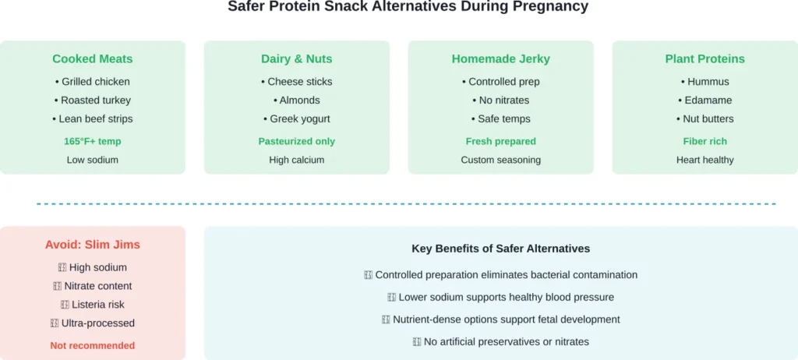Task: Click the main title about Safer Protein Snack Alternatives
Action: coord(408,7)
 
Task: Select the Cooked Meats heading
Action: coord(93,59)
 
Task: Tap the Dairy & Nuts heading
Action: coord(297,59)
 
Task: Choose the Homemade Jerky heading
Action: coord(501,59)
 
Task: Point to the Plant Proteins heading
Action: coord(704,59)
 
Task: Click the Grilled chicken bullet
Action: coord(93,82)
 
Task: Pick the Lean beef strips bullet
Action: coord(93,119)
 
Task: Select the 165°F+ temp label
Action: coord(93,142)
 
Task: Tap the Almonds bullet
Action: coord(297,101)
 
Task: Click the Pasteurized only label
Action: coord(297,142)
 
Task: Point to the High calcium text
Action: coord(297,161)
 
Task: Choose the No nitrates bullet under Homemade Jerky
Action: coord(501,101)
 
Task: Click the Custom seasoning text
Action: coord(501,161)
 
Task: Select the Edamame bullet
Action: coord(704,101)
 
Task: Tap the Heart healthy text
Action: coord(704,161)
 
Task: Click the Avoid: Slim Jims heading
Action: coord(93,245)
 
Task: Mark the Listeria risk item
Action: coord(93,305)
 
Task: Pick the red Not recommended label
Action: coord(93,346)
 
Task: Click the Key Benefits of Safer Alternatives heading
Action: coord(501,249)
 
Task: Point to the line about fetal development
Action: coord(501,319)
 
